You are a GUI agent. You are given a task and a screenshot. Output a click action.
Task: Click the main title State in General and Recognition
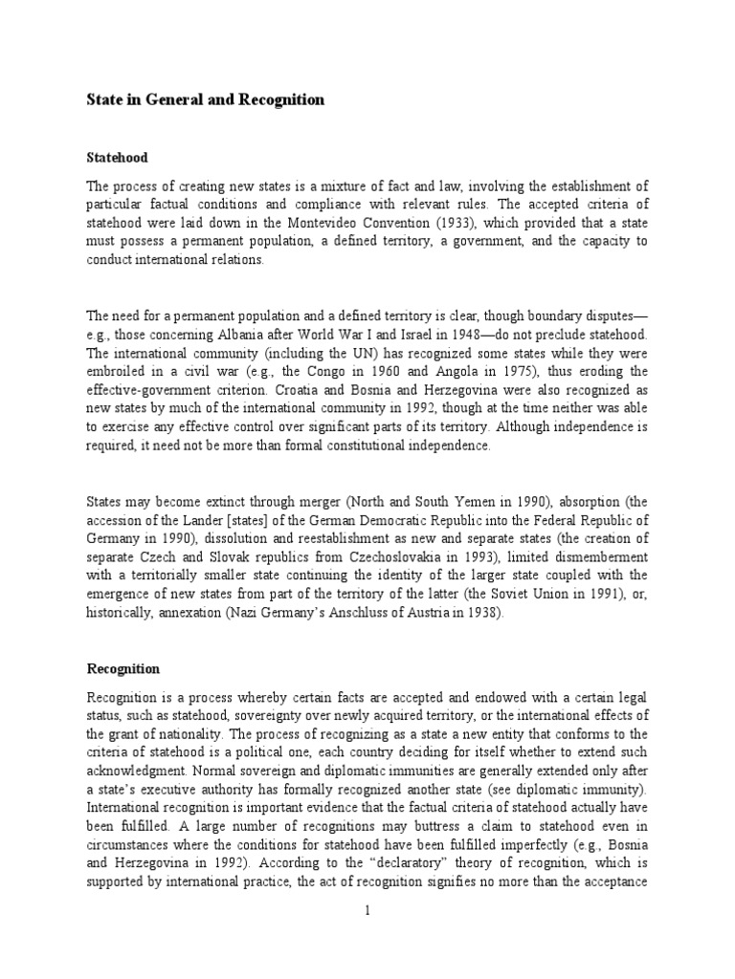tap(205, 99)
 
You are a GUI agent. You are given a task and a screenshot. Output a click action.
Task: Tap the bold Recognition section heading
tap(125, 669)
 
